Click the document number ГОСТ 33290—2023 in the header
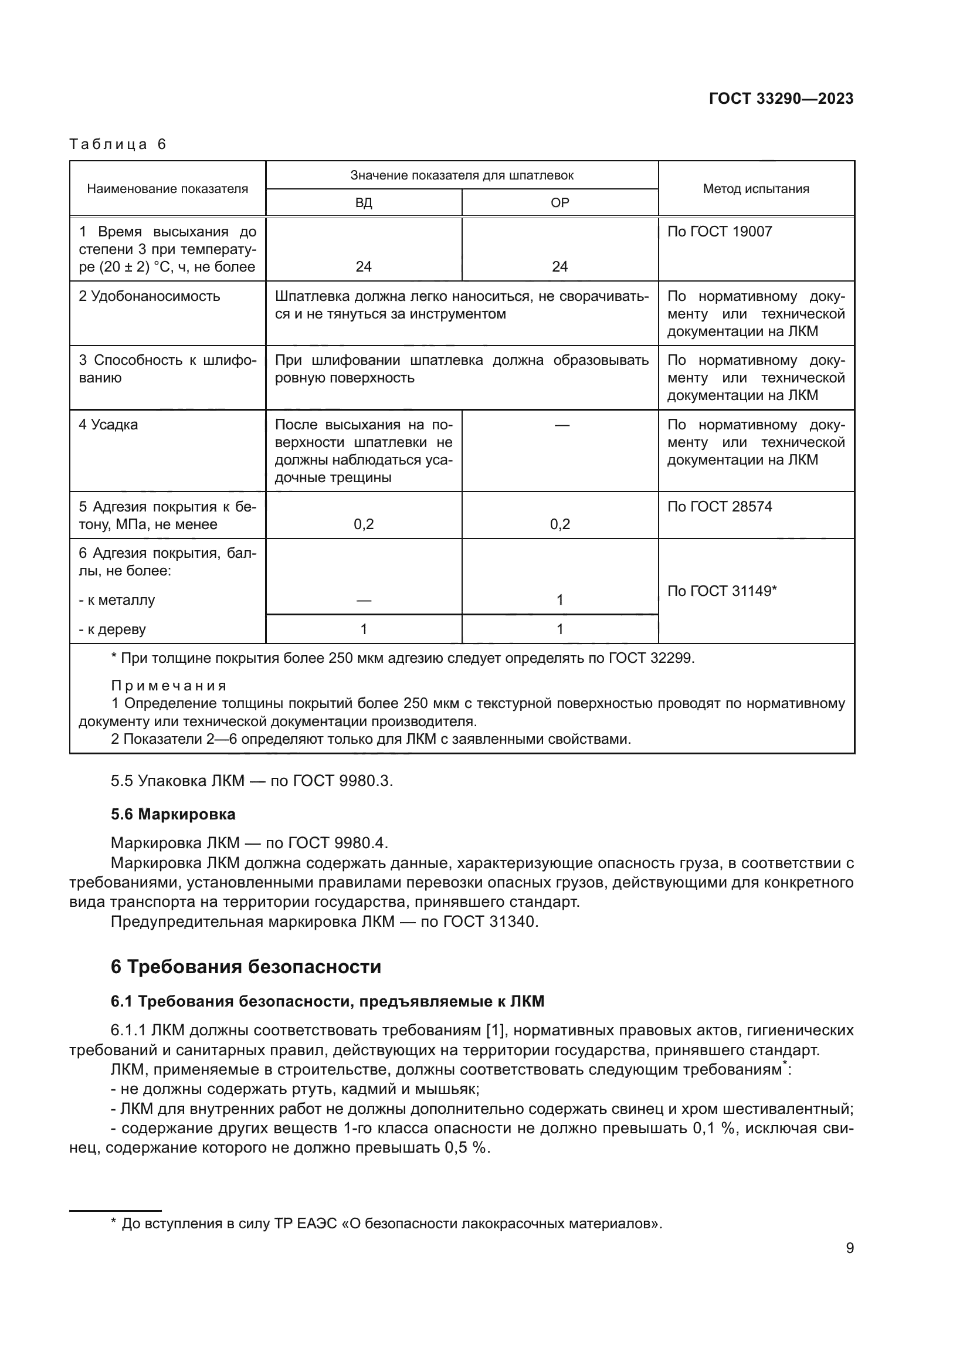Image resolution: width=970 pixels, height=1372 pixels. [781, 99]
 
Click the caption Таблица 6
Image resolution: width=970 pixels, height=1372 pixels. [118, 144]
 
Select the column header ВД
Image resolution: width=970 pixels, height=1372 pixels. [363, 202]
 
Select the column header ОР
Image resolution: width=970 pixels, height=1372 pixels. [559, 202]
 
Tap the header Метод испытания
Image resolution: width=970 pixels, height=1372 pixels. [755, 189]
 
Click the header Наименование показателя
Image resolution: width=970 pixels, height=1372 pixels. [167, 189]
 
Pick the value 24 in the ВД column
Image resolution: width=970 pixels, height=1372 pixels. [363, 266]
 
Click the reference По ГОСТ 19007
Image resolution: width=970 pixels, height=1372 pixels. [719, 232]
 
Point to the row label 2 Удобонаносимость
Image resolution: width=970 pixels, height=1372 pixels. [150, 296]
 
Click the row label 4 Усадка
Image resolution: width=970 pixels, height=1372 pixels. [108, 425]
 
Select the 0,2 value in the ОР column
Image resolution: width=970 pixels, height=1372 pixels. [559, 524]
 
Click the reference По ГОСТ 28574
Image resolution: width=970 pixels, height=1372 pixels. [719, 507]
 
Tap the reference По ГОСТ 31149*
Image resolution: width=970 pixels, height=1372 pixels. [721, 591]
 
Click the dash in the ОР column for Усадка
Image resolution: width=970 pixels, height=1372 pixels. [561, 425]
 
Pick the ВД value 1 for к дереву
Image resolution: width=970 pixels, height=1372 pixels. [363, 629]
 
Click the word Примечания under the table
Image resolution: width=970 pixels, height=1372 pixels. [169, 685]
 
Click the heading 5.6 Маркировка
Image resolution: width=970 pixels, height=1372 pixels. [172, 814]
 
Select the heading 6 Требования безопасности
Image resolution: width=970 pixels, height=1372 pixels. [246, 966]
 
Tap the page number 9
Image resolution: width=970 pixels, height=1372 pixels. [849, 1248]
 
